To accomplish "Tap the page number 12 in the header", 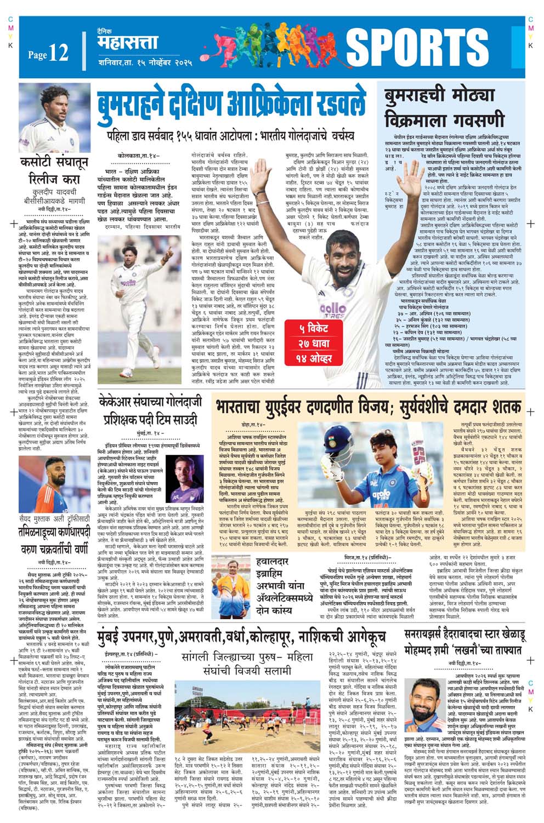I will click(x=58, y=53).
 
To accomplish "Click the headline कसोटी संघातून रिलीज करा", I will click(x=50, y=172).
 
